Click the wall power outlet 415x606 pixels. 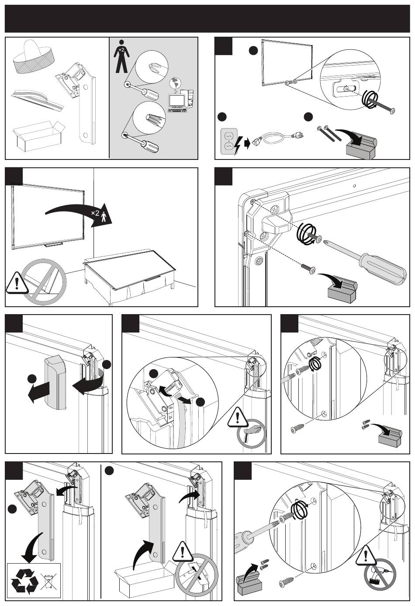tap(229, 141)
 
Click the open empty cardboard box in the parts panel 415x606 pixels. tap(39, 136)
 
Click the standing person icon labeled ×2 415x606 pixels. tap(121, 56)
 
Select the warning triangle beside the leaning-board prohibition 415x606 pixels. tap(17, 283)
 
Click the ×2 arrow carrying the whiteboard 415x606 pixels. tap(79, 214)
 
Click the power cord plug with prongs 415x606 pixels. tap(296, 135)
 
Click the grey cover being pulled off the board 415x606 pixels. tap(55, 382)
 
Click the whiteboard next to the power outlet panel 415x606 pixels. tap(287, 63)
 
